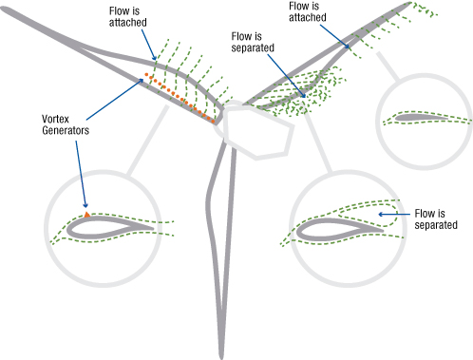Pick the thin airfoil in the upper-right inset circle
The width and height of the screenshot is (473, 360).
426,119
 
